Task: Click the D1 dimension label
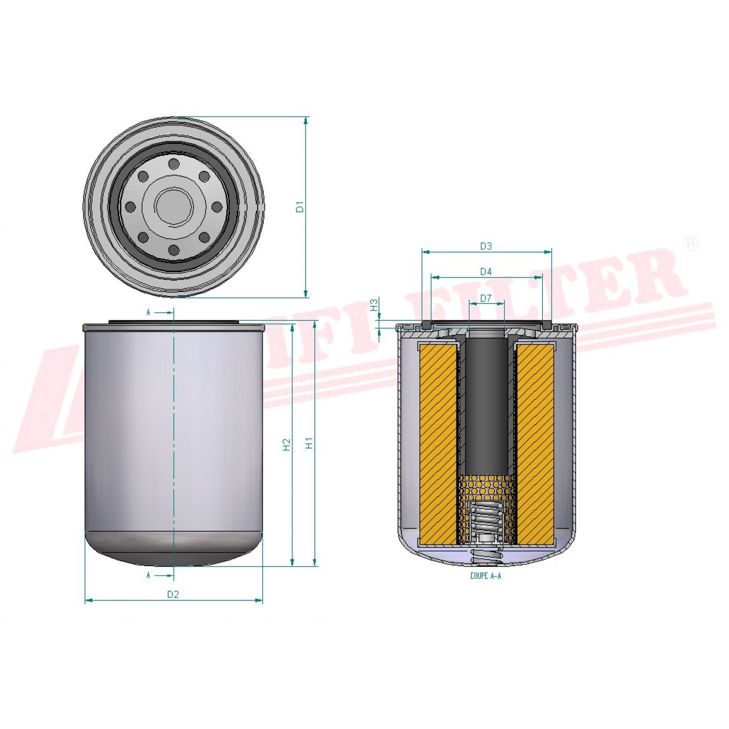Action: coord(300,207)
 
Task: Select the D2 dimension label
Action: coord(173,594)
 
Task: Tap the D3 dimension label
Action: coord(486,246)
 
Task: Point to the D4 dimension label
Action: coord(486,272)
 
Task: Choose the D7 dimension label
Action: coord(486,298)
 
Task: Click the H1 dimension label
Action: coord(309,443)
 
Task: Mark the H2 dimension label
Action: coord(287,444)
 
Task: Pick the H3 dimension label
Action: coord(374,305)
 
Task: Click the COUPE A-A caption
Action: coord(486,576)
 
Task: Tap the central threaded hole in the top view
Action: coord(174,207)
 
